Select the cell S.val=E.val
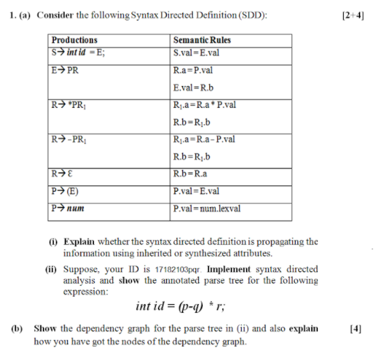197,52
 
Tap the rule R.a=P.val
195,70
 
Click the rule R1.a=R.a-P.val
205,139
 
